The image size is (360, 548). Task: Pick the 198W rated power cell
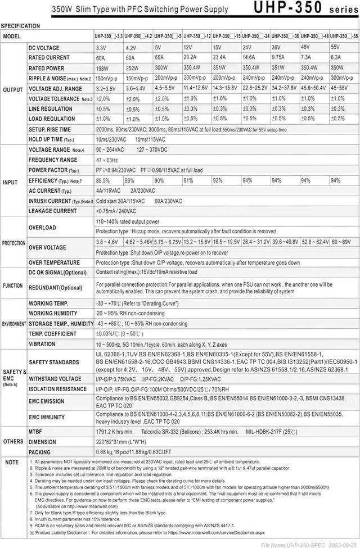102,68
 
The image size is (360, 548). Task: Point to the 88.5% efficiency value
103,180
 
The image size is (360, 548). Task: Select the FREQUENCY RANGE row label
53,160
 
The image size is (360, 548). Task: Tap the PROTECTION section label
13,243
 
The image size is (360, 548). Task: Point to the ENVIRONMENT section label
13,325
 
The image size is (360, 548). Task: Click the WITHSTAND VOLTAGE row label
55,379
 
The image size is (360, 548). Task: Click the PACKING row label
40,452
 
